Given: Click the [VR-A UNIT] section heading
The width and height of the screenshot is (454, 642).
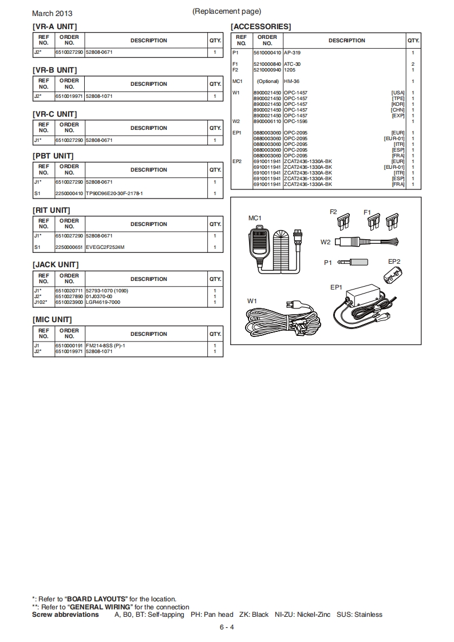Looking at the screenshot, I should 54,26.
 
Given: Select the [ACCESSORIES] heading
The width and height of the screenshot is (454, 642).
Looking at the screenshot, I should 260,26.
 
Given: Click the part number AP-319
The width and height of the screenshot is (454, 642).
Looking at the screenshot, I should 292,52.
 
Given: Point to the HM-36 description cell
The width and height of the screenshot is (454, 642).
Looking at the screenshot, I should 291,81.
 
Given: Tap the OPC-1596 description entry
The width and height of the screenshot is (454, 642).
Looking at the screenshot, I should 295,121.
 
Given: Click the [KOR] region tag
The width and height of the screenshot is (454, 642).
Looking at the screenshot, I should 398,104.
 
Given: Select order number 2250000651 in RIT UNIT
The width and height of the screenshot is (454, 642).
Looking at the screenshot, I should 69,247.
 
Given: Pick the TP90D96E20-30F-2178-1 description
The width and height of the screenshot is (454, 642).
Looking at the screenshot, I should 114,193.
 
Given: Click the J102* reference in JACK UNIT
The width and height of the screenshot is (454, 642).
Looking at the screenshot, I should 39,302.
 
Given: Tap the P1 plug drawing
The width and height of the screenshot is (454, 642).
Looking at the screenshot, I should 355,263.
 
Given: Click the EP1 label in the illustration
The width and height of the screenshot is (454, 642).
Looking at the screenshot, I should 336,287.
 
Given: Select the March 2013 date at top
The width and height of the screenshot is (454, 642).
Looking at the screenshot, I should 52,13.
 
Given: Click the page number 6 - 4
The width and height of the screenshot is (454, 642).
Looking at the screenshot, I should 227,627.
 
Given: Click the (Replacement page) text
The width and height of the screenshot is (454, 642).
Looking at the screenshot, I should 227,11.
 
